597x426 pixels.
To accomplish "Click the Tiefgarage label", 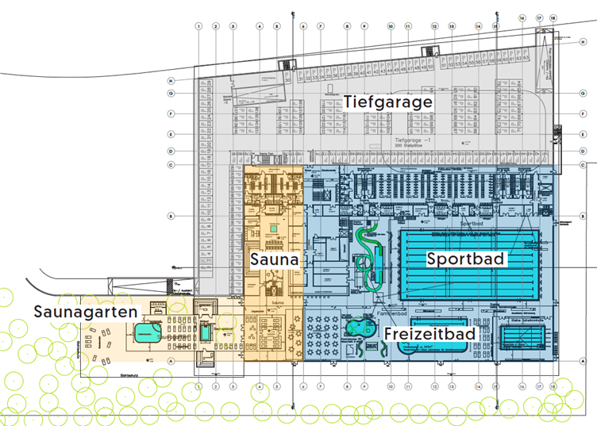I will point(388,102).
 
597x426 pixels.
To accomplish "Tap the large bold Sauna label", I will point(274,259).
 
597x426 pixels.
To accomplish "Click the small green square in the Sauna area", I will point(274,228).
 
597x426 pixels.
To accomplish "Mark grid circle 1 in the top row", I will point(198,26).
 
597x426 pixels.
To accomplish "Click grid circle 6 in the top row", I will point(303,26).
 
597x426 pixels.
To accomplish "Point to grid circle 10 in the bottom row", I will point(391,387).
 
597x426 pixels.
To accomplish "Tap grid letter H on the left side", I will point(171,81).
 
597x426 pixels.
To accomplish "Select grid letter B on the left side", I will point(171,215).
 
